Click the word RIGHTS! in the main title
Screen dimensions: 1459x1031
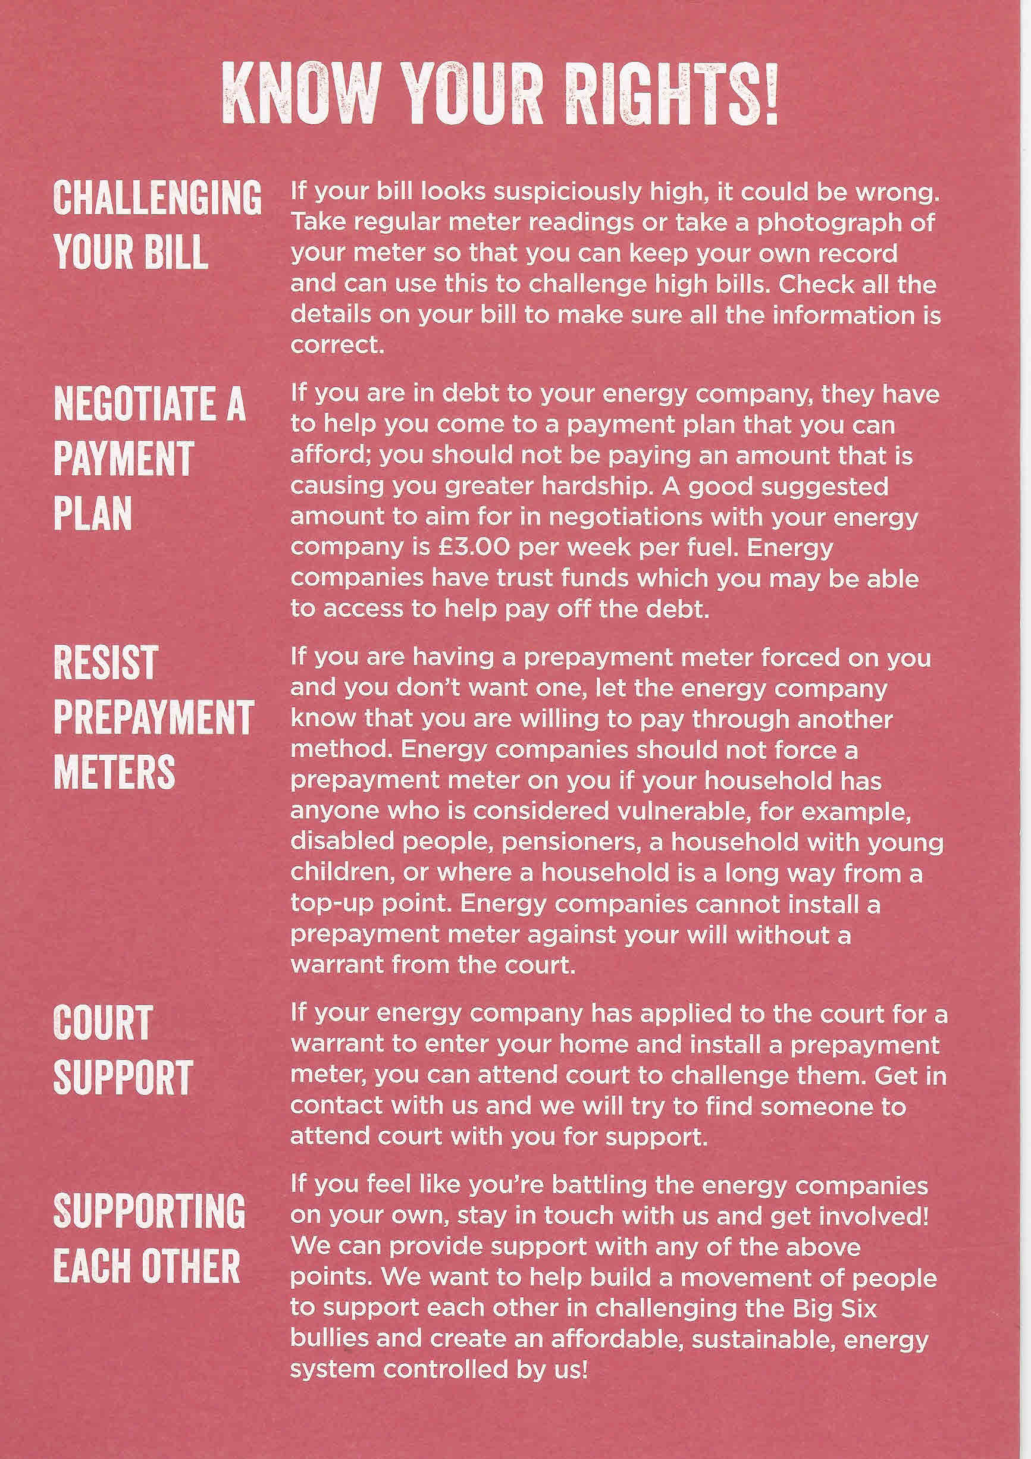pos(671,94)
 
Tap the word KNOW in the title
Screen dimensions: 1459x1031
pos(300,94)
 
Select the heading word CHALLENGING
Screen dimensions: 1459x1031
pos(157,197)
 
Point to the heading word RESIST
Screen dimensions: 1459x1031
pos(105,662)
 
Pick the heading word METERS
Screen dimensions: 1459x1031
pos(114,771)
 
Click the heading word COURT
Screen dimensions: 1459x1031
pos(103,1022)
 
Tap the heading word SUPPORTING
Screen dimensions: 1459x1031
pos(149,1210)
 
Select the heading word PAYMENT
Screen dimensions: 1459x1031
pos(124,459)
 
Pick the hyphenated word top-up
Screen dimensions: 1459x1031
pos(331,903)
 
